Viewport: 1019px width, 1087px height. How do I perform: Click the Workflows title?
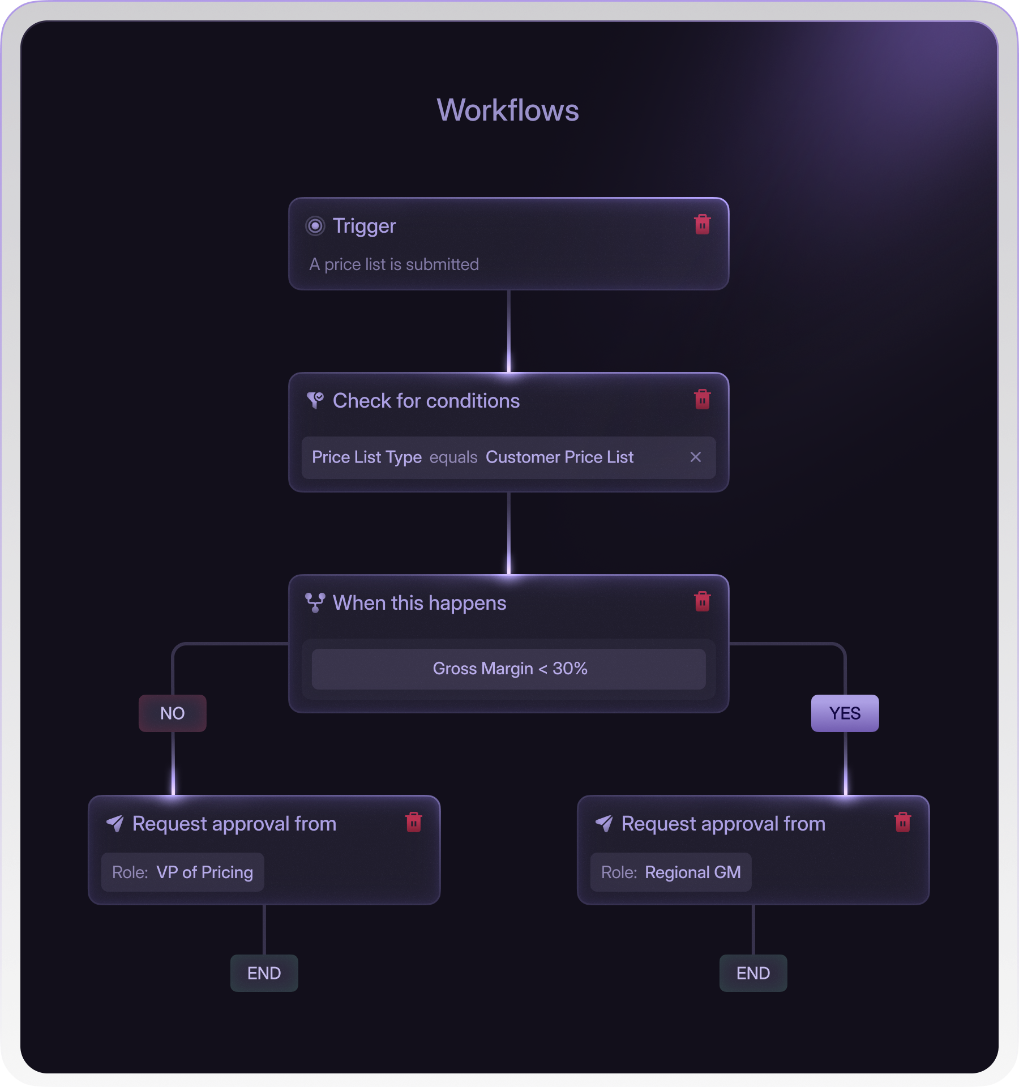tap(508, 110)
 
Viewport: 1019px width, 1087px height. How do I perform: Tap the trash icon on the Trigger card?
tap(702, 225)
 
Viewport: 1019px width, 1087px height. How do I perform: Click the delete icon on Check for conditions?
tap(702, 400)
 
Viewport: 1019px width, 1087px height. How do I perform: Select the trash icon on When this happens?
tap(702, 602)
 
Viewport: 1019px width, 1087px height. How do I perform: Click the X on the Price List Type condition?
tap(696, 457)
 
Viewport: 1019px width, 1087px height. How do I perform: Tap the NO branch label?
tap(173, 713)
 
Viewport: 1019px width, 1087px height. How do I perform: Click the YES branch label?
tap(845, 713)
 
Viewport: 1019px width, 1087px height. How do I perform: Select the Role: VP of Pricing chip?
tap(182, 872)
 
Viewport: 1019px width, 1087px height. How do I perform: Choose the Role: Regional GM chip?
tap(671, 872)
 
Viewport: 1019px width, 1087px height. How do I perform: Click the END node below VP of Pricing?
tap(264, 973)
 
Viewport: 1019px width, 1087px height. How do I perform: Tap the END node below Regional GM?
tap(753, 973)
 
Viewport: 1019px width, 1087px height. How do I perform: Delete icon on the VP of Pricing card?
tap(414, 823)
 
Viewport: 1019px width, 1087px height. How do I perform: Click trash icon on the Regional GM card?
tap(902, 823)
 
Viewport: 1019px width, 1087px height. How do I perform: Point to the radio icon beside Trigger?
tap(315, 226)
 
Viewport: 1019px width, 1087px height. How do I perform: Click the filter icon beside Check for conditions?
tap(315, 400)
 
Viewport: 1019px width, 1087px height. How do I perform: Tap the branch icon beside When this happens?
tap(315, 602)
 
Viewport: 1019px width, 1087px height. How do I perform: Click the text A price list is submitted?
tap(394, 264)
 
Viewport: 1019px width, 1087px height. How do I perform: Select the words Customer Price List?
tap(559, 457)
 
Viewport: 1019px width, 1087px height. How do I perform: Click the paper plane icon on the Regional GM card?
tap(604, 824)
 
